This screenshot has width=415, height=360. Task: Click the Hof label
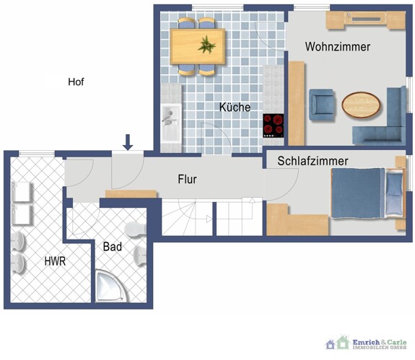(76, 82)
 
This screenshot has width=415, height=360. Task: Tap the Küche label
(235, 107)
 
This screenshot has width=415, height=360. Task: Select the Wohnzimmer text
(338, 47)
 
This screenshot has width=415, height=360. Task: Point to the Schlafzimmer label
(313, 161)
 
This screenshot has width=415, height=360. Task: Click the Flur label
(186, 179)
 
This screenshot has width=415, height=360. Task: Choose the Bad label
(112, 247)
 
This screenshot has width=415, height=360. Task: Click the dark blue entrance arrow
(128, 142)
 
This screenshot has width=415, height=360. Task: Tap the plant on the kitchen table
(208, 45)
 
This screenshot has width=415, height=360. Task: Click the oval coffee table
(362, 105)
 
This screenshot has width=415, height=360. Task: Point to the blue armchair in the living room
(322, 105)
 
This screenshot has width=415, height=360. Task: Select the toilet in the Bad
(134, 229)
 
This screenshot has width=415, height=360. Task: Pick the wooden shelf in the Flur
(131, 193)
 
